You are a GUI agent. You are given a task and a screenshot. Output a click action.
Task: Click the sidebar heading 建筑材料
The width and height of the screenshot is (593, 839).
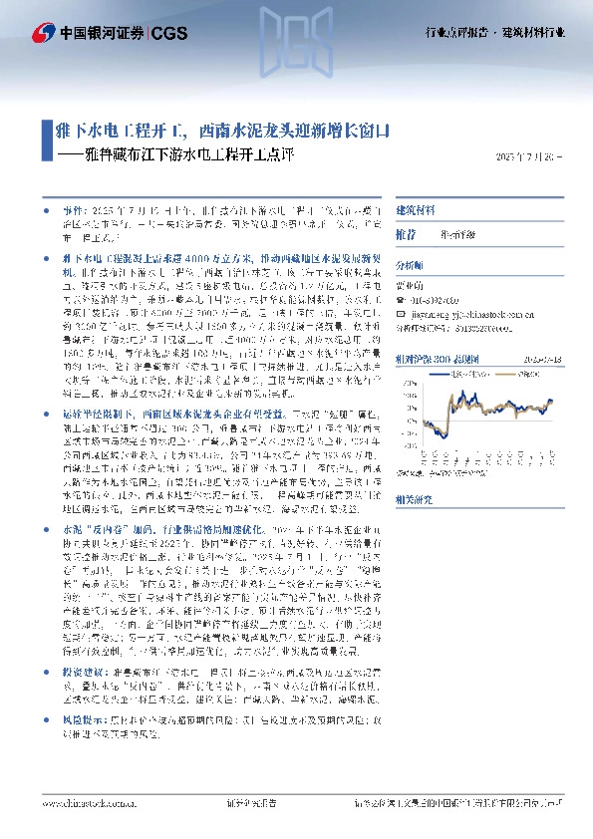416,211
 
